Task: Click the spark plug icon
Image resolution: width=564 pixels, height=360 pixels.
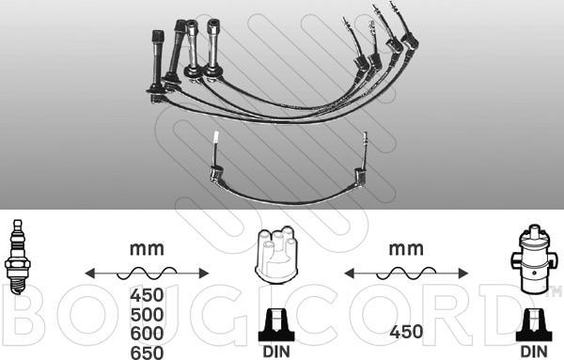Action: coord(17,257)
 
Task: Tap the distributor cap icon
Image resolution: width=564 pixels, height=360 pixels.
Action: coord(275,255)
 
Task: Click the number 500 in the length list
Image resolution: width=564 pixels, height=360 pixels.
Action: coord(147,315)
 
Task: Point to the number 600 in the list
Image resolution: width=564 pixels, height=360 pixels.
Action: coord(147,334)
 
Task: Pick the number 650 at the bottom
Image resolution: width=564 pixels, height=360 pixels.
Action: coord(147,352)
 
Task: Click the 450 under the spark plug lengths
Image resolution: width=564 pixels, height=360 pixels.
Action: coord(147,295)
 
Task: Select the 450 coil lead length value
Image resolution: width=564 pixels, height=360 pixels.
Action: coord(406,332)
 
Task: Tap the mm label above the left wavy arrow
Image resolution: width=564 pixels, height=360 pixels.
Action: coord(147,249)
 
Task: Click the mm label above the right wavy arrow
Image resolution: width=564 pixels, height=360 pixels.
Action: coord(406,249)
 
